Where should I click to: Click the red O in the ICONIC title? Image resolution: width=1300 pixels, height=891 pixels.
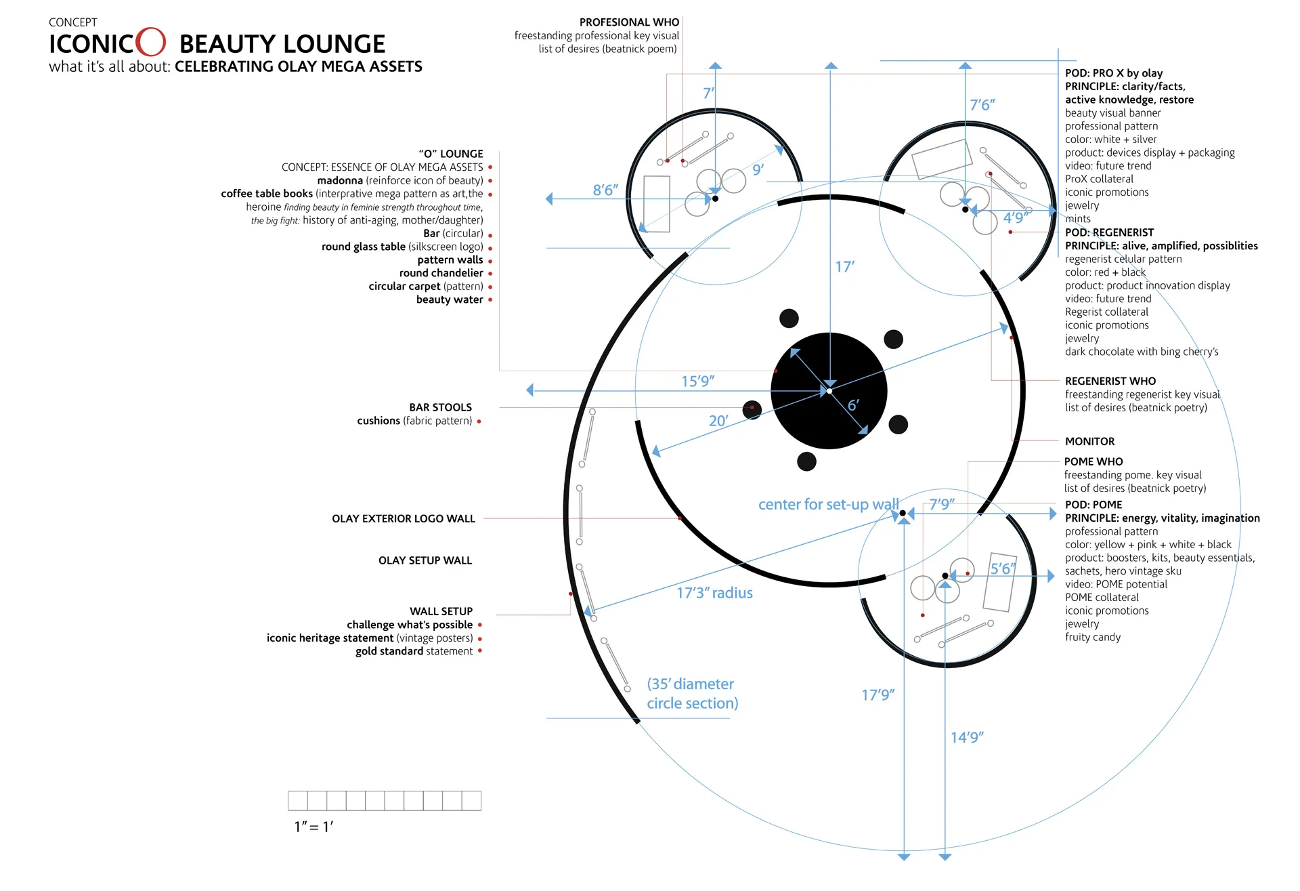click(x=150, y=42)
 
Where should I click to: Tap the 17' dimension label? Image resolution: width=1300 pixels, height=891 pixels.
click(x=844, y=267)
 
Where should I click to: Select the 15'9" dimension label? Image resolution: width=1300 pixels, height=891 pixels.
click(x=697, y=381)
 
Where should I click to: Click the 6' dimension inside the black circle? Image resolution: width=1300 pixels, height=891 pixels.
click(x=853, y=405)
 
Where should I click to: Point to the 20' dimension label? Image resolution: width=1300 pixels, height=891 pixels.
click(x=718, y=421)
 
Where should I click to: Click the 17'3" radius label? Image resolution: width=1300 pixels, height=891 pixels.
click(x=714, y=593)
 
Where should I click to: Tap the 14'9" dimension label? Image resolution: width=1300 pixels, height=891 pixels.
click(x=967, y=737)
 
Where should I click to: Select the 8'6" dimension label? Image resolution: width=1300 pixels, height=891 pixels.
click(x=605, y=190)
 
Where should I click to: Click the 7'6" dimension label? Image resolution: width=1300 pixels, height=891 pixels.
click(x=982, y=105)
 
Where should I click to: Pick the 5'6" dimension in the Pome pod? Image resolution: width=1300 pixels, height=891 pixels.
click(x=1003, y=568)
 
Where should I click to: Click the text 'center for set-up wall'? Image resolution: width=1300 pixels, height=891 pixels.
click(x=828, y=504)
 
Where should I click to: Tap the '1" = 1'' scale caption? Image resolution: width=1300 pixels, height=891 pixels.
click(x=313, y=827)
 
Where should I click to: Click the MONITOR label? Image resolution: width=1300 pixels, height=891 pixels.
click(x=1089, y=442)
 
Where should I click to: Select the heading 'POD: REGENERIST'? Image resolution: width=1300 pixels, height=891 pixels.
click(x=1109, y=232)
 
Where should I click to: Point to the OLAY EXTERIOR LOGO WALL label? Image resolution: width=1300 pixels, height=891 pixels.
click(x=404, y=519)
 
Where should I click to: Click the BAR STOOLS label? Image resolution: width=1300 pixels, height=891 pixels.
click(x=440, y=407)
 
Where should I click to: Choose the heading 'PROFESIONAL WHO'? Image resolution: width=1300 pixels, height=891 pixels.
click(x=629, y=22)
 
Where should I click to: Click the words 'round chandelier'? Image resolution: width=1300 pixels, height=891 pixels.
click(x=441, y=273)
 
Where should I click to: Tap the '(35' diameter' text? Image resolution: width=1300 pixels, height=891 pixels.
click(x=690, y=684)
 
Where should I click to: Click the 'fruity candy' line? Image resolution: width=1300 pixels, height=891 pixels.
click(x=1092, y=638)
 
